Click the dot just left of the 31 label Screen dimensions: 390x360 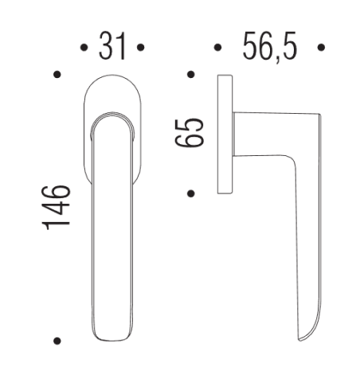[x=84, y=49]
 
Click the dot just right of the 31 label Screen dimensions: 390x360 [x=140, y=49]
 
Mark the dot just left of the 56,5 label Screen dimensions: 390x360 [x=217, y=49]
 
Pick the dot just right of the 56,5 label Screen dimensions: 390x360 [x=321, y=49]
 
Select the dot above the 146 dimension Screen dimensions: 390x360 [x=57, y=76]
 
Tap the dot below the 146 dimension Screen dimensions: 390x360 [x=57, y=341]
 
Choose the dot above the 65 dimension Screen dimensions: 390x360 [x=190, y=76]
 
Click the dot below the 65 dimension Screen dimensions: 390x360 [x=190, y=193]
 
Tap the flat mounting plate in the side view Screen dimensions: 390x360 [x=224, y=134]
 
